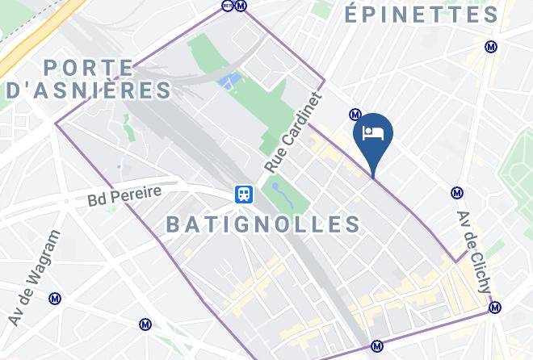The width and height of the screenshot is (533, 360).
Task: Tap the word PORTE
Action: pyautogui.click(x=89, y=68)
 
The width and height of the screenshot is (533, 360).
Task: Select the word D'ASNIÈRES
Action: pyautogui.click(x=89, y=90)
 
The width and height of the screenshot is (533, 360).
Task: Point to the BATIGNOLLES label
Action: pyautogui.click(x=263, y=224)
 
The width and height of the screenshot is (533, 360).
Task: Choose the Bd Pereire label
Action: pyautogui.click(x=125, y=194)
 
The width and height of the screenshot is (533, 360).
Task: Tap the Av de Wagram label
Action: pyautogui.click(x=34, y=278)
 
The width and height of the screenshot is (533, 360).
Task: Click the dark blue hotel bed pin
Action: pyautogui.click(x=373, y=134)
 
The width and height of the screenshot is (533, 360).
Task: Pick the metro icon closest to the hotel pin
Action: pyautogui.click(x=355, y=115)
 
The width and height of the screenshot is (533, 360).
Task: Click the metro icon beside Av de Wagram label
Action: pyautogui.click(x=55, y=299)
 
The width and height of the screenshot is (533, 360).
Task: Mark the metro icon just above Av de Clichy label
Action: pyautogui.click(x=457, y=193)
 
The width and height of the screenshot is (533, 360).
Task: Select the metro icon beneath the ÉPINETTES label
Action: pyautogui.click(x=490, y=47)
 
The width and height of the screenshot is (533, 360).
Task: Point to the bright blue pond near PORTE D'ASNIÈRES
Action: pyautogui.click(x=229, y=81)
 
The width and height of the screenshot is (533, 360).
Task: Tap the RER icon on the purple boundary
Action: pyautogui.click(x=227, y=5)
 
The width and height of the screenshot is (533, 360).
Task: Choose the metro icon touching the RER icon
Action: pyautogui.click(x=240, y=5)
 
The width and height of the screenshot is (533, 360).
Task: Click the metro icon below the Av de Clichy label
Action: pyautogui.click(x=495, y=307)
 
